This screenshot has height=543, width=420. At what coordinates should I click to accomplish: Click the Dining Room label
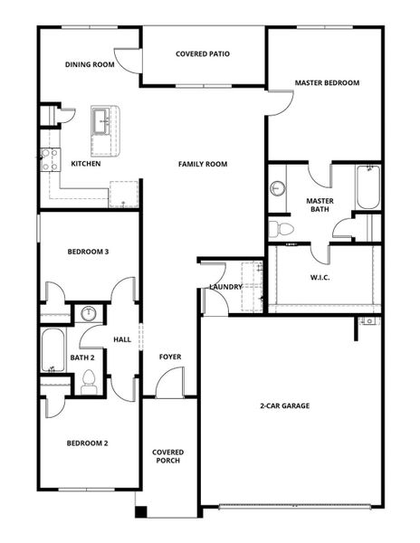click(90, 65)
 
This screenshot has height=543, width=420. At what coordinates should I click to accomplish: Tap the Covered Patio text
click(202, 54)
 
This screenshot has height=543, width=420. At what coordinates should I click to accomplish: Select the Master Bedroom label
click(327, 83)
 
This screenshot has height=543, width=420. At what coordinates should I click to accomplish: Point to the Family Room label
click(202, 164)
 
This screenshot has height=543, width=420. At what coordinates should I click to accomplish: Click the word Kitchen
click(86, 164)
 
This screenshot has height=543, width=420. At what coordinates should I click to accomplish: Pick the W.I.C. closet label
click(320, 277)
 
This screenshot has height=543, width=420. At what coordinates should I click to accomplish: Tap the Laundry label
click(225, 287)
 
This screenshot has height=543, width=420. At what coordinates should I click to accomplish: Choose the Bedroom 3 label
click(88, 252)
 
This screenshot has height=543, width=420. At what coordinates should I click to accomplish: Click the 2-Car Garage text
click(284, 405)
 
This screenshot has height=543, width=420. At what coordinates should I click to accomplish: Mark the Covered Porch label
click(167, 456)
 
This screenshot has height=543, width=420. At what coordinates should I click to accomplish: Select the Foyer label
click(170, 357)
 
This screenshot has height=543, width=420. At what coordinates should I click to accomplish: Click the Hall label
click(122, 339)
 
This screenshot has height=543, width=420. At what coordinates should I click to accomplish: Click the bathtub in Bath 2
click(51, 350)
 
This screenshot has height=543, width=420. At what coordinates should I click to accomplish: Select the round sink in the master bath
click(277, 188)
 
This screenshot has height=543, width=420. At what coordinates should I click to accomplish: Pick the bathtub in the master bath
click(366, 186)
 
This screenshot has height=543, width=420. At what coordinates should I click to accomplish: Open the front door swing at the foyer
click(167, 384)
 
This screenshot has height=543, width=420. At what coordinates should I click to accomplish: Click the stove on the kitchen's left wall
click(50, 161)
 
